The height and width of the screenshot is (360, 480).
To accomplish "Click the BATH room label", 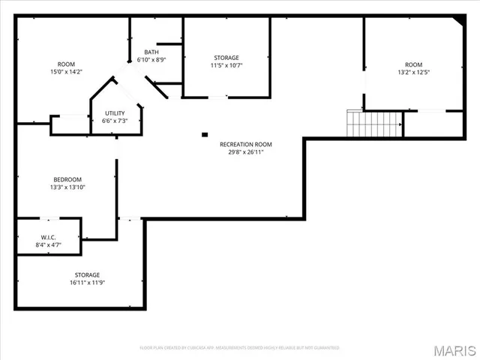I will click(x=151, y=52).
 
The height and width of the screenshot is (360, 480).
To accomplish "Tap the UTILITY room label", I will click(x=115, y=113).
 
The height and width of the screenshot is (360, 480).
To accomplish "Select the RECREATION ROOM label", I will click(x=245, y=144).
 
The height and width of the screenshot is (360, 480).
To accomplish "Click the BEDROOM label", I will click(x=67, y=179).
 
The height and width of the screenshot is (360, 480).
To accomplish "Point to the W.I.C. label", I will click(x=49, y=237).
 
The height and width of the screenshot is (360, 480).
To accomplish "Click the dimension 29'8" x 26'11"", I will click(x=245, y=151).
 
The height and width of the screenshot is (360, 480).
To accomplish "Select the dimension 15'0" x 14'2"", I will click(x=66, y=71).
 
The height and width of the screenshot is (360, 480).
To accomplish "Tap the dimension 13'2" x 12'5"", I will click(x=413, y=72).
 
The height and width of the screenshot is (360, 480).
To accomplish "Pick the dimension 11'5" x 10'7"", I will click(x=226, y=65).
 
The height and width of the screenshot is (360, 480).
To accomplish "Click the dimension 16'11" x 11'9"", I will click(x=87, y=283).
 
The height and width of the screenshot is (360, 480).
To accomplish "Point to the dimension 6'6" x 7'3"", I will click(x=115, y=121).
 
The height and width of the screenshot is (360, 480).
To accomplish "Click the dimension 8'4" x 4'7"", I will click(x=49, y=244).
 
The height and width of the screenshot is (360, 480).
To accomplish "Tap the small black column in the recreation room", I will click(x=204, y=135).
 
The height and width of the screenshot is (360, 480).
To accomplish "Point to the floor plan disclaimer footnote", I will click(x=240, y=348).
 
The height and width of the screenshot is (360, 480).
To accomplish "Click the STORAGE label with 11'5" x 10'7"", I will click(x=226, y=58).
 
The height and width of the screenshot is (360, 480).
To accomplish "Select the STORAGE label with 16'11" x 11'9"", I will click(x=87, y=275).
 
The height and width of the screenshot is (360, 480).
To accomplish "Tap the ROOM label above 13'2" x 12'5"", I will click(x=413, y=64).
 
